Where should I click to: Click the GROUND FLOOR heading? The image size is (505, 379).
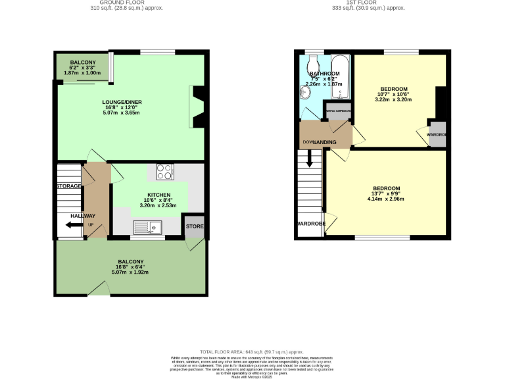click(x=126, y=3)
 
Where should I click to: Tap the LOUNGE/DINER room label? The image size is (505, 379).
click(x=122, y=102)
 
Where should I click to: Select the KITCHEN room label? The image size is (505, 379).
click(x=159, y=195)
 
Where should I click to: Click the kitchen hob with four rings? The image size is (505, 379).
click(x=165, y=171)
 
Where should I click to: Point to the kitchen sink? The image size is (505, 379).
click(x=148, y=228)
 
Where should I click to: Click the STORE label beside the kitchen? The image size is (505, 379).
click(x=195, y=227)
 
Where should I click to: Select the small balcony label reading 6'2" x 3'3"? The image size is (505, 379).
click(x=84, y=67)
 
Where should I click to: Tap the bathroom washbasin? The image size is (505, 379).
click(x=305, y=93)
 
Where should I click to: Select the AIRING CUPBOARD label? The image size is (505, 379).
click(x=338, y=111)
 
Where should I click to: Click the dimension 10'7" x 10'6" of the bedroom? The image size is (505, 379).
click(x=393, y=95)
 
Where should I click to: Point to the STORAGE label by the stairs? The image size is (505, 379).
click(x=68, y=186)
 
